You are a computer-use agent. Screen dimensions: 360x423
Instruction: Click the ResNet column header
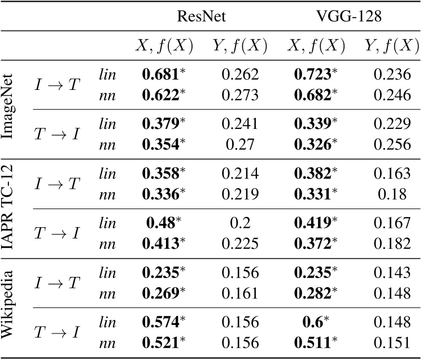(201, 17)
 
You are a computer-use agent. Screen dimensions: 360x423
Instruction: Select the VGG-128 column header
(349, 17)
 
